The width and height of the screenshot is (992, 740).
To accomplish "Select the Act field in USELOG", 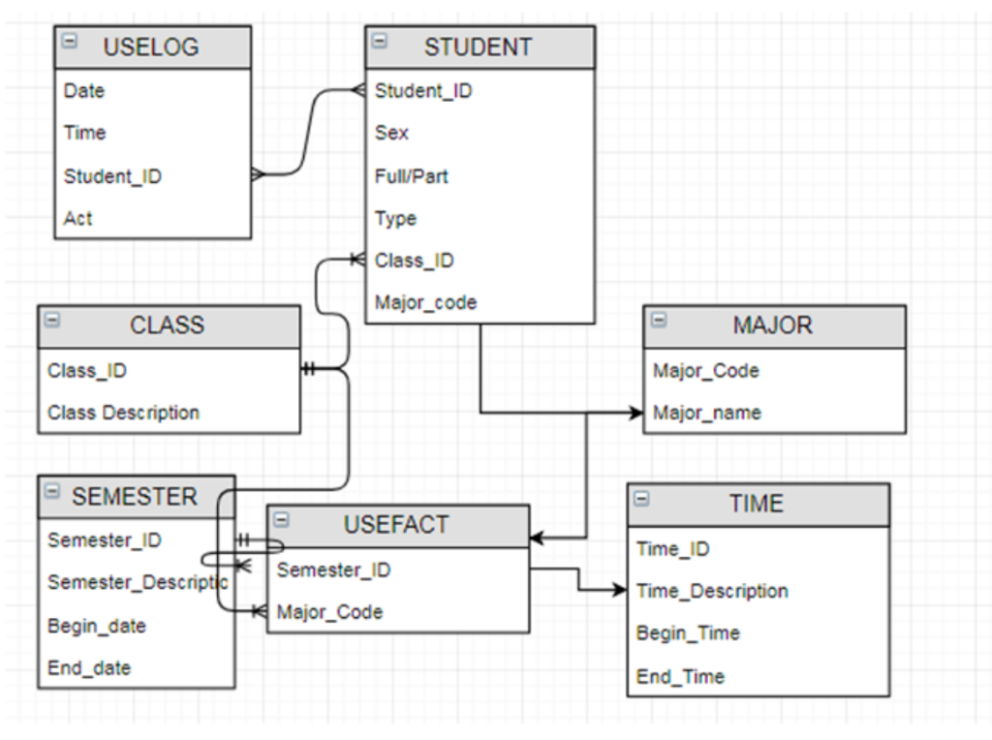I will coord(77,218).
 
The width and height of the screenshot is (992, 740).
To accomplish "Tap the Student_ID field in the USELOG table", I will coord(112,176).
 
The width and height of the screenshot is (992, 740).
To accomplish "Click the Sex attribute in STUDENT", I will coord(391,133).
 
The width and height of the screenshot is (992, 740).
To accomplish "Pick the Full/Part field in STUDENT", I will coord(411,176).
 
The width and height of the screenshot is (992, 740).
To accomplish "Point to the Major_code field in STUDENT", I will coord(425,303).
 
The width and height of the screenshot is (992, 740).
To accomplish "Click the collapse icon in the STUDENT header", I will coord(380,41).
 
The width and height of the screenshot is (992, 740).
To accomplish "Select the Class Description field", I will coord(123,413).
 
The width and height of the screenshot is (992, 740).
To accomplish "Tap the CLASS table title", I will coord(167,325).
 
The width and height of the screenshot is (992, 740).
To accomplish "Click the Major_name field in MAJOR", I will coord(706,413).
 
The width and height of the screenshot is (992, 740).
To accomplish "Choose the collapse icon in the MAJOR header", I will coord(659,320).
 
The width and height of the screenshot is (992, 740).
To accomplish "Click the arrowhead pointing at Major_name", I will coord(635,413).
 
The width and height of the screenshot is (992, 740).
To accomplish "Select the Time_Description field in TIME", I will coord(712,591).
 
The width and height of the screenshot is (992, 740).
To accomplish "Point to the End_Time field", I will coord(680,676).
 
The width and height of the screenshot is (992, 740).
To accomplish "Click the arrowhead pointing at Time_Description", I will coord(619,590).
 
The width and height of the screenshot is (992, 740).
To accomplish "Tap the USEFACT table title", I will coord(396,525).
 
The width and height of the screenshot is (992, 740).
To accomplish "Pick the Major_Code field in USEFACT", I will coord(329,612).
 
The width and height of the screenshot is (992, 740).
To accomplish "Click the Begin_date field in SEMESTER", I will coord(97,626).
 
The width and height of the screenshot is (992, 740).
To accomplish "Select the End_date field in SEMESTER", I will coord(89,668).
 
